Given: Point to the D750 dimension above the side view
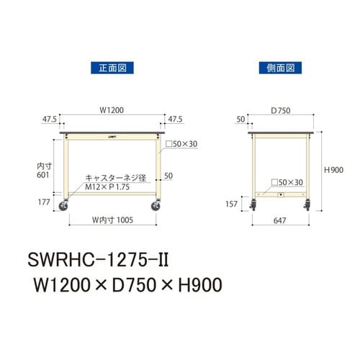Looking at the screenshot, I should coord(282,111).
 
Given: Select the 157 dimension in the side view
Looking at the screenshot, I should coord(232,204).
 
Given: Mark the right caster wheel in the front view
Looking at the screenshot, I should coord(156,207).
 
